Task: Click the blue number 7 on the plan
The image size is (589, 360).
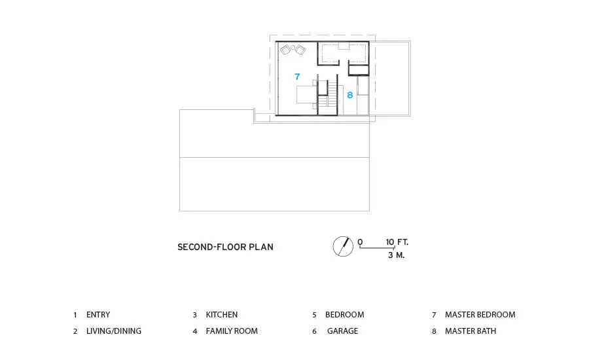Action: tap(297, 77)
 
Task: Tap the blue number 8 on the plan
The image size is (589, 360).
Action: tap(349, 95)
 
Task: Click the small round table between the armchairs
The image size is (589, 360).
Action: tap(293, 48)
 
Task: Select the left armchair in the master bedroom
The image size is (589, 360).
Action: tap(285, 50)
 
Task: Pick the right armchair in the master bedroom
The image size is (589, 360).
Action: tap(300, 50)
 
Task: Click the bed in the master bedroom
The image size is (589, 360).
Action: tap(306, 94)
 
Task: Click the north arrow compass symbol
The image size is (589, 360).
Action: tap(343, 247)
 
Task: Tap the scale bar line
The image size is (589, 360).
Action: tap(377, 247)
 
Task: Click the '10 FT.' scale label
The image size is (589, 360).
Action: tap(397, 242)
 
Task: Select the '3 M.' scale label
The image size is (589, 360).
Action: tap(397, 255)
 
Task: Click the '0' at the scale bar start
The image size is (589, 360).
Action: tap(360, 242)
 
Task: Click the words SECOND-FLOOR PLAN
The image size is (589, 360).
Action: tap(225, 247)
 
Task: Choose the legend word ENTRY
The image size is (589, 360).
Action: tap(98, 315)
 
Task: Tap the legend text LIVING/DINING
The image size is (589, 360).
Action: tap(114, 331)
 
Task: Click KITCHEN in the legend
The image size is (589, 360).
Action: tap(222, 315)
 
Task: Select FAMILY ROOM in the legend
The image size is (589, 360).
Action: tap(232, 331)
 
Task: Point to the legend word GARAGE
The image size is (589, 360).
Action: tap(342, 331)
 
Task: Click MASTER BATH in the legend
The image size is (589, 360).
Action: tap(471, 331)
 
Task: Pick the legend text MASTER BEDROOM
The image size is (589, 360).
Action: tap(480, 315)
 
